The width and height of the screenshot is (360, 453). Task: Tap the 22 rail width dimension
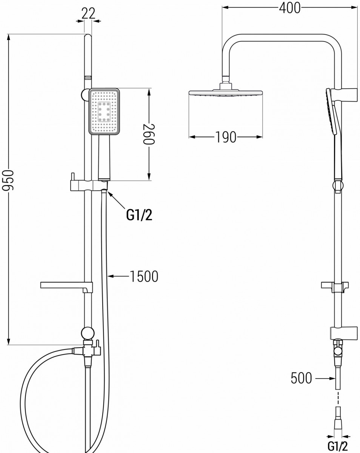coord(88,14)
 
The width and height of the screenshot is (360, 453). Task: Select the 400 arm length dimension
coord(290,8)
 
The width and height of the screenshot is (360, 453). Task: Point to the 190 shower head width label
coord(226,137)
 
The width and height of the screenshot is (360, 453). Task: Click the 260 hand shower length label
coord(149,134)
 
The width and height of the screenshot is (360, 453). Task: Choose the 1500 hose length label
coord(144,276)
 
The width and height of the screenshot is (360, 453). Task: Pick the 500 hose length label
coord(301,378)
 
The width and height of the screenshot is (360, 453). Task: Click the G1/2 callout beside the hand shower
coord(139,215)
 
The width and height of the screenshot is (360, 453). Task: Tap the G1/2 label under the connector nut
coord(337,445)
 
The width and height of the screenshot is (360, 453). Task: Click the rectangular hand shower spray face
coord(105,111)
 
